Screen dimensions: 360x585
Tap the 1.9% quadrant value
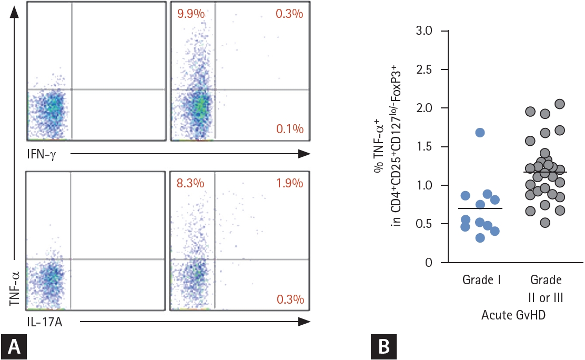coord(289,184)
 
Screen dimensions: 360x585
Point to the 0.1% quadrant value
coord(289,129)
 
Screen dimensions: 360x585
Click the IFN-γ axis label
coord(42,153)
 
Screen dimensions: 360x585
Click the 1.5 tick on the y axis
coord(424,147)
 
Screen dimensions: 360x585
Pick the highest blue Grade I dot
coord(479,133)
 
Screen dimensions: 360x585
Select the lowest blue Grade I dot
coord(479,238)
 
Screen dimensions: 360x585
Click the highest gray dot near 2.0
coord(560,104)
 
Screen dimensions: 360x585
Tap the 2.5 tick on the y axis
coord(424,69)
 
